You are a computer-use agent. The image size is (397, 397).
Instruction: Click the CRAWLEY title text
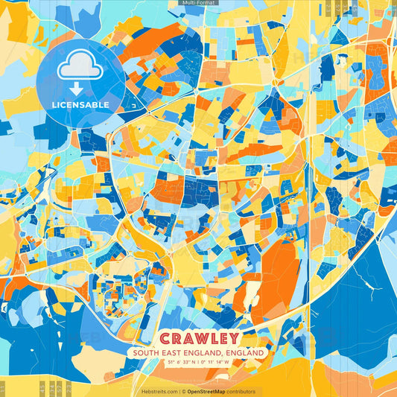(198, 338)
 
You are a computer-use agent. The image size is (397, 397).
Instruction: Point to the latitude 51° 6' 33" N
(174, 363)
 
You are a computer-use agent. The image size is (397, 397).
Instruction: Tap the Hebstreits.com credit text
(159, 391)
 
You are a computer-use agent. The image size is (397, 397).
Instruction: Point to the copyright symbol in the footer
(183, 391)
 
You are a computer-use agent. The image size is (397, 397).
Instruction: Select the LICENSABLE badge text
(80, 105)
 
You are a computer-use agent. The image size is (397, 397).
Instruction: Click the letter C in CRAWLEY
(165, 338)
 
